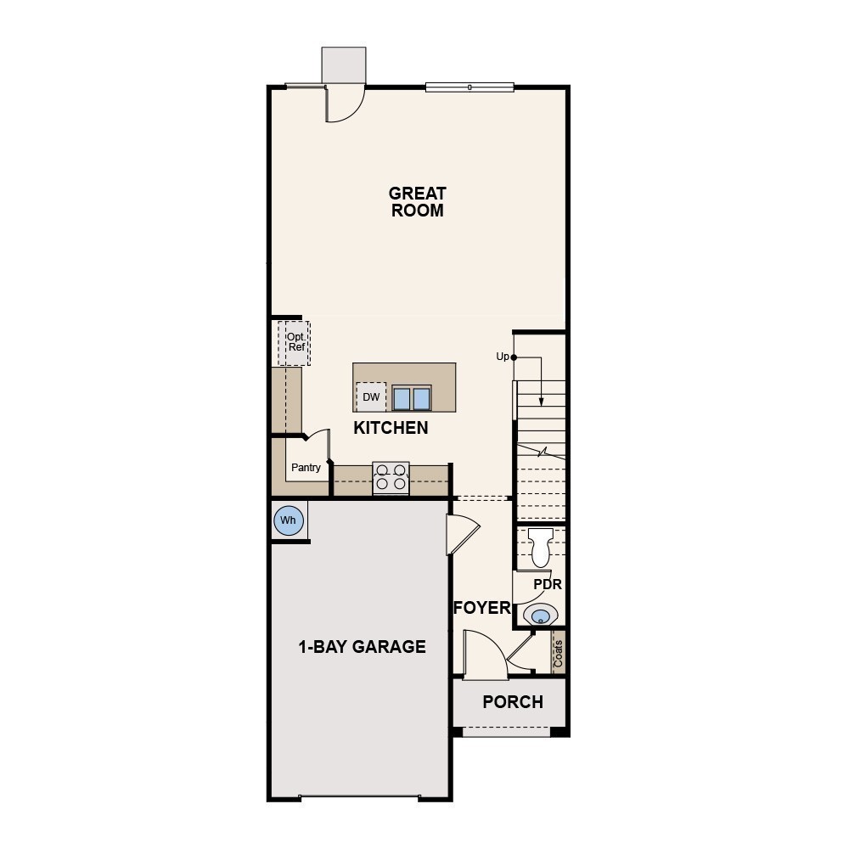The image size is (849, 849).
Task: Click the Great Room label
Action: click(x=418, y=202)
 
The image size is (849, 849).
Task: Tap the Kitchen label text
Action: click(x=391, y=428)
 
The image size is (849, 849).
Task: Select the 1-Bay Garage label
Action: click(x=362, y=647)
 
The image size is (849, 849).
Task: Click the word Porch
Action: click(x=513, y=702)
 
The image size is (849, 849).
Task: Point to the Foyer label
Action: click(x=481, y=608)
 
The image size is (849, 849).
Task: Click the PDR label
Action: click(x=548, y=584)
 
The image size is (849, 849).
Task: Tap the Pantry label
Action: click(x=306, y=468)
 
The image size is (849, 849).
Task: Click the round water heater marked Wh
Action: click(x=289, y=520)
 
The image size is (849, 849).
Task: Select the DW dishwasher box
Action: click(x=371, y=396)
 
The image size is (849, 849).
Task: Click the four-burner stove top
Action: click(x=391, y=477)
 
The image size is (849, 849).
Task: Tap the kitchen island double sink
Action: click(x=412, y=398)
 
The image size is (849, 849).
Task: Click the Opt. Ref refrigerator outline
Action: click(x=295, y=343)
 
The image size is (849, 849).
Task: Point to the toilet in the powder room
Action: click(x=541, y=548)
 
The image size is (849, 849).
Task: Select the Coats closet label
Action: click(x=559, y=653)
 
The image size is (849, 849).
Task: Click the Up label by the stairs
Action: click(x=503, y=357)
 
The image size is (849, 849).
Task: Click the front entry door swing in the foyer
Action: click(x=484, y=655)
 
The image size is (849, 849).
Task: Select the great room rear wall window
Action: click(x=469, y=87)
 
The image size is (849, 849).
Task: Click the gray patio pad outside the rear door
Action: click(x=344, y=65)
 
